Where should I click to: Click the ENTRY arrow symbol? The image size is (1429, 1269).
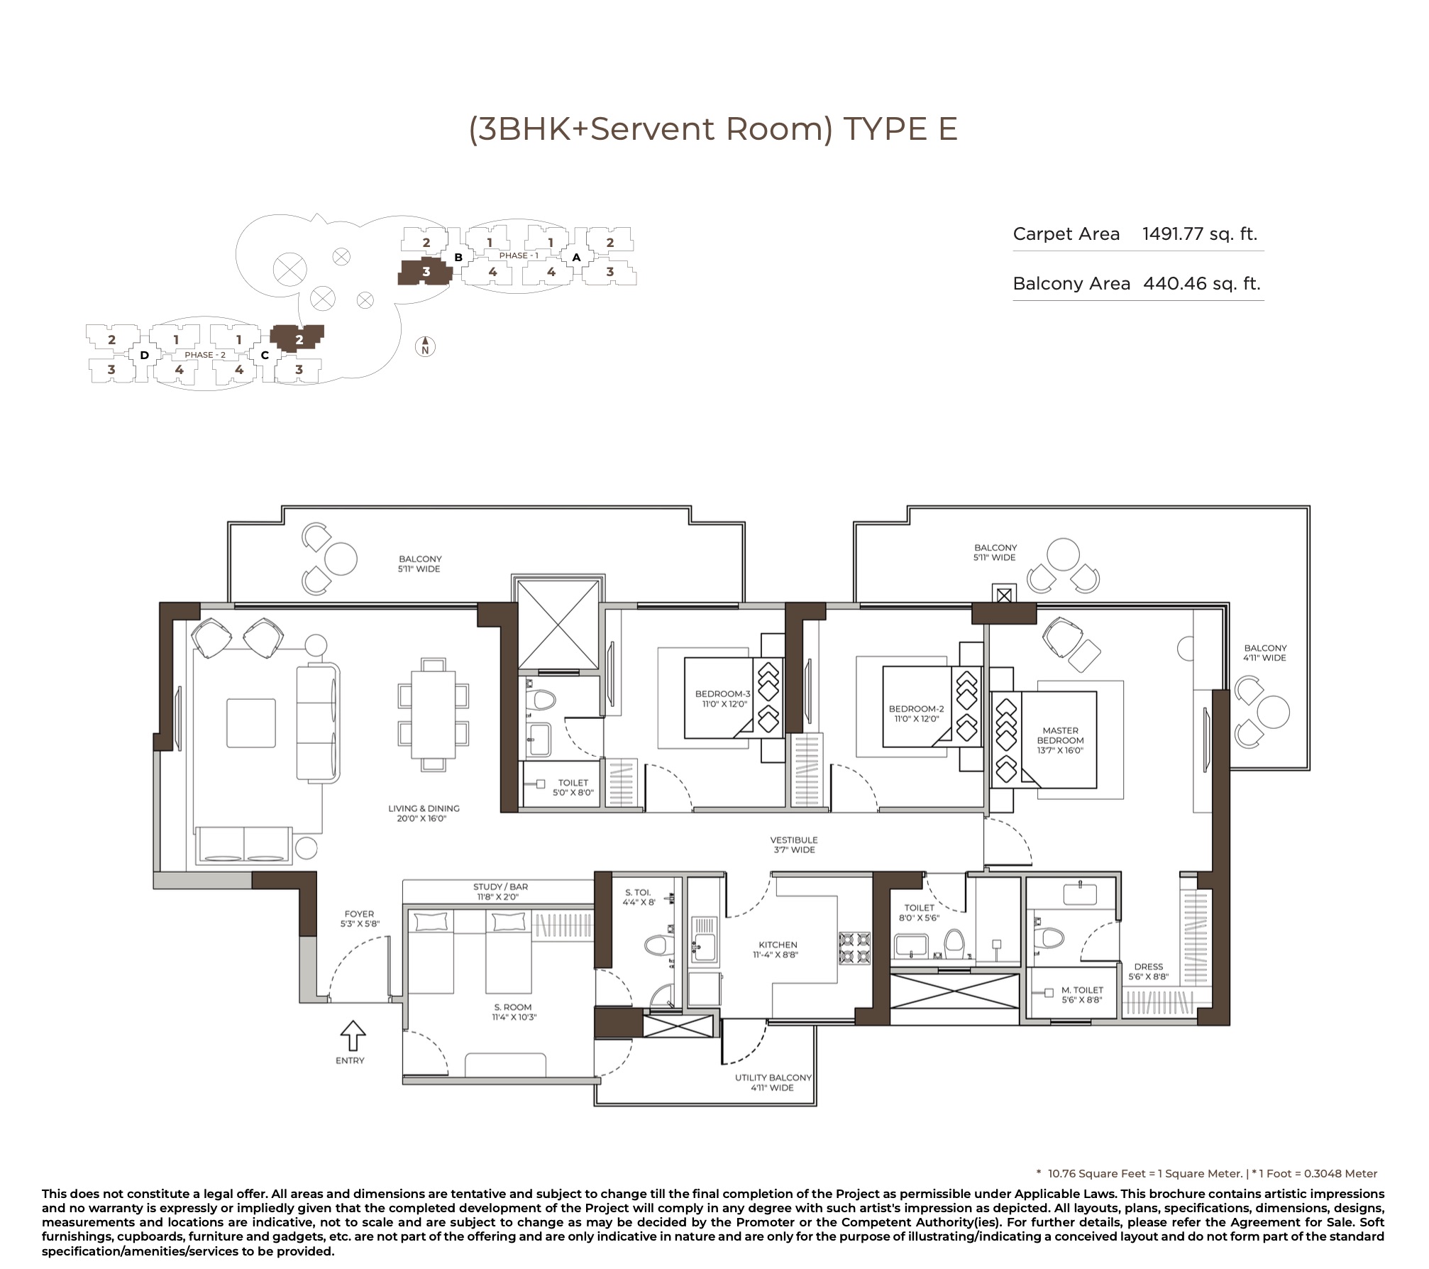tap(353, 1035)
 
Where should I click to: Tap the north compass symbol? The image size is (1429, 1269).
tap(425, 346)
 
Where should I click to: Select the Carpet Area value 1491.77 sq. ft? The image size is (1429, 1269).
tap(1200, 234)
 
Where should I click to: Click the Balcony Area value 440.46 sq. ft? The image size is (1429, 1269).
tap(1202, 284)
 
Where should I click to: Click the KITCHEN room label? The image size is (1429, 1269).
tap(778, 945)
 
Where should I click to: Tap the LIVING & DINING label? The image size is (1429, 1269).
tap(424, 808)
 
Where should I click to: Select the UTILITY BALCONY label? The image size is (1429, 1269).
tap(773, 1077)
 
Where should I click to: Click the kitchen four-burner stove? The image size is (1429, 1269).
tap(855, 948)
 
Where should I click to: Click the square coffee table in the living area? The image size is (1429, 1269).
tap(251, 723)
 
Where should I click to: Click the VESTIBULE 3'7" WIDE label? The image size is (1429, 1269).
tap(794, 845)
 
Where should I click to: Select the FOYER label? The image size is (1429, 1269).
tap(359, 914)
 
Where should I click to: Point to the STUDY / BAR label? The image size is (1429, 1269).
tap(500, 887)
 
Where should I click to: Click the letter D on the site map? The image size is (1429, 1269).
tap(144, 355)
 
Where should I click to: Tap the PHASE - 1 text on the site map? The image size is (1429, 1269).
tap(519, 256)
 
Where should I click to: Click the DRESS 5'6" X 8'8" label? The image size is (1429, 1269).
tap(1148, 972)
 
